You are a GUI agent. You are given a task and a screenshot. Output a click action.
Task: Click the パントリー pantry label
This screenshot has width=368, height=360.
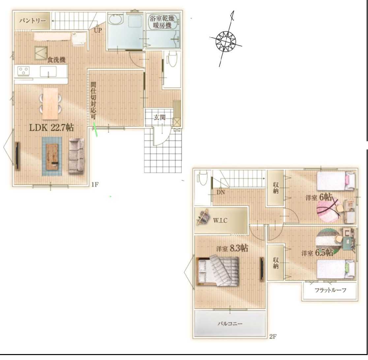32,21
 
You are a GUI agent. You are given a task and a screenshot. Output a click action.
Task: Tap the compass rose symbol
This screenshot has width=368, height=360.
226,41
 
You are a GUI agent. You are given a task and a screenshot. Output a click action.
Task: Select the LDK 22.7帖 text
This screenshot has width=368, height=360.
51,127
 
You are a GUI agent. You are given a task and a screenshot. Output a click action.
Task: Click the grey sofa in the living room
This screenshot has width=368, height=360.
76,156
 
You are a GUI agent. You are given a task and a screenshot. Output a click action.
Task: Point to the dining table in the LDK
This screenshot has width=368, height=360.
50,104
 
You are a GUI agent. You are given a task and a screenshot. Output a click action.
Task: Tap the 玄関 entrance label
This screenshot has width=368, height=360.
160,117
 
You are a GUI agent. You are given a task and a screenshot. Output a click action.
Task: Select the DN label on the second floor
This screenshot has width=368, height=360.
221,192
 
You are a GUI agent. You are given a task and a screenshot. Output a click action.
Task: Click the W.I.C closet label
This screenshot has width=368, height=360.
220,220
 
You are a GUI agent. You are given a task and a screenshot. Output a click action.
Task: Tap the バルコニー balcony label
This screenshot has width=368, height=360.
230,324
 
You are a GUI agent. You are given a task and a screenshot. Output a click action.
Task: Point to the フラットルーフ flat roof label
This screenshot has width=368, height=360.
330,290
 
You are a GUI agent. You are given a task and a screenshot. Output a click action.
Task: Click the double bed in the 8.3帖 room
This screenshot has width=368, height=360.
217,271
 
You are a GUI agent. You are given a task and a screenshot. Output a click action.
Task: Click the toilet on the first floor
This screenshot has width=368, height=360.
172,59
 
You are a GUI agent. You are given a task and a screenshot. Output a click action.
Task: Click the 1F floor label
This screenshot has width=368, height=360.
95,184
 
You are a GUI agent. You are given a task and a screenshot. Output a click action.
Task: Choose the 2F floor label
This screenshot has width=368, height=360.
273,337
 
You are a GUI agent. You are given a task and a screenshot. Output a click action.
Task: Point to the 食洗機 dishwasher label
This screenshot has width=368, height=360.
56,60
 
